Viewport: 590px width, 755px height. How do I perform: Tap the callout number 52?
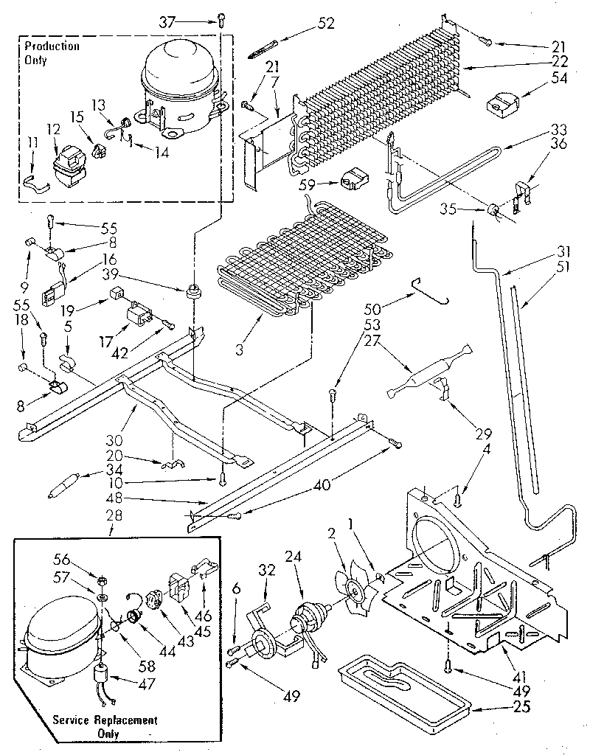(325, 24)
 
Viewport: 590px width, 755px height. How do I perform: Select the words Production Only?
(50, 54)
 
